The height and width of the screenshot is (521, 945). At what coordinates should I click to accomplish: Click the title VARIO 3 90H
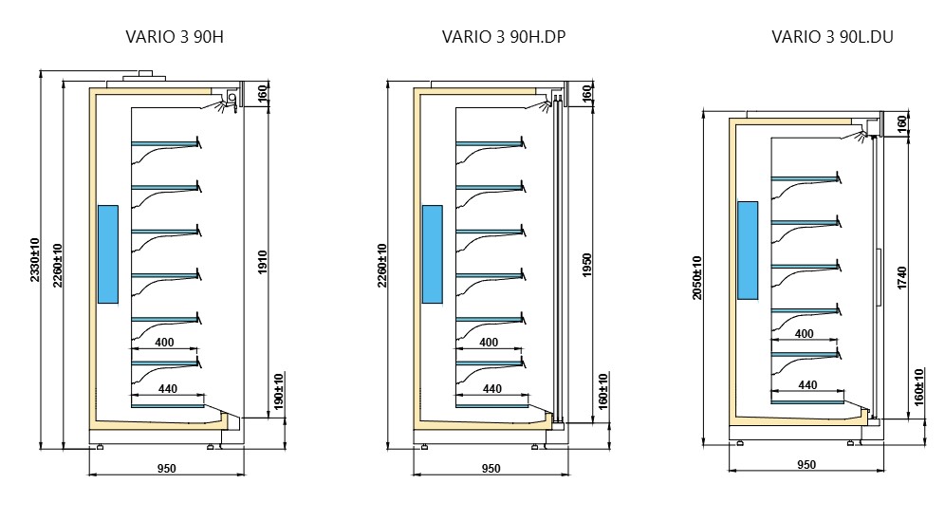click(x=175, y=37)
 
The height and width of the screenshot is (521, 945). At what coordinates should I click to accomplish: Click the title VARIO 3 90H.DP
click(x=504, y=37)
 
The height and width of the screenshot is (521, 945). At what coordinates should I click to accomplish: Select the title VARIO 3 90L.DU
click(x=832, y=37)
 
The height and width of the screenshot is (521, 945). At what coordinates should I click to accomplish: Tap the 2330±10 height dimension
click(x=35, y=260)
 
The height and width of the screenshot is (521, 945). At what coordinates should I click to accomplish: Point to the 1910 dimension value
click(x=263, y=262)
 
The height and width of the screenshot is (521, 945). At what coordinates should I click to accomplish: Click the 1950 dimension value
click(x=587, y=266)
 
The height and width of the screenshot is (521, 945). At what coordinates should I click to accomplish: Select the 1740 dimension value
click(x=902, y=278)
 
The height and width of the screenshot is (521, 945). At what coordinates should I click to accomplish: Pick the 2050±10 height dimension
click(x=697, y=278)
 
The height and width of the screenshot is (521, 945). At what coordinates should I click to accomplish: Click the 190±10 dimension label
click(x=278, y=391)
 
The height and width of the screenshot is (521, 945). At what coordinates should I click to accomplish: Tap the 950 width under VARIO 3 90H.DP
click(x=491, y=469)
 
